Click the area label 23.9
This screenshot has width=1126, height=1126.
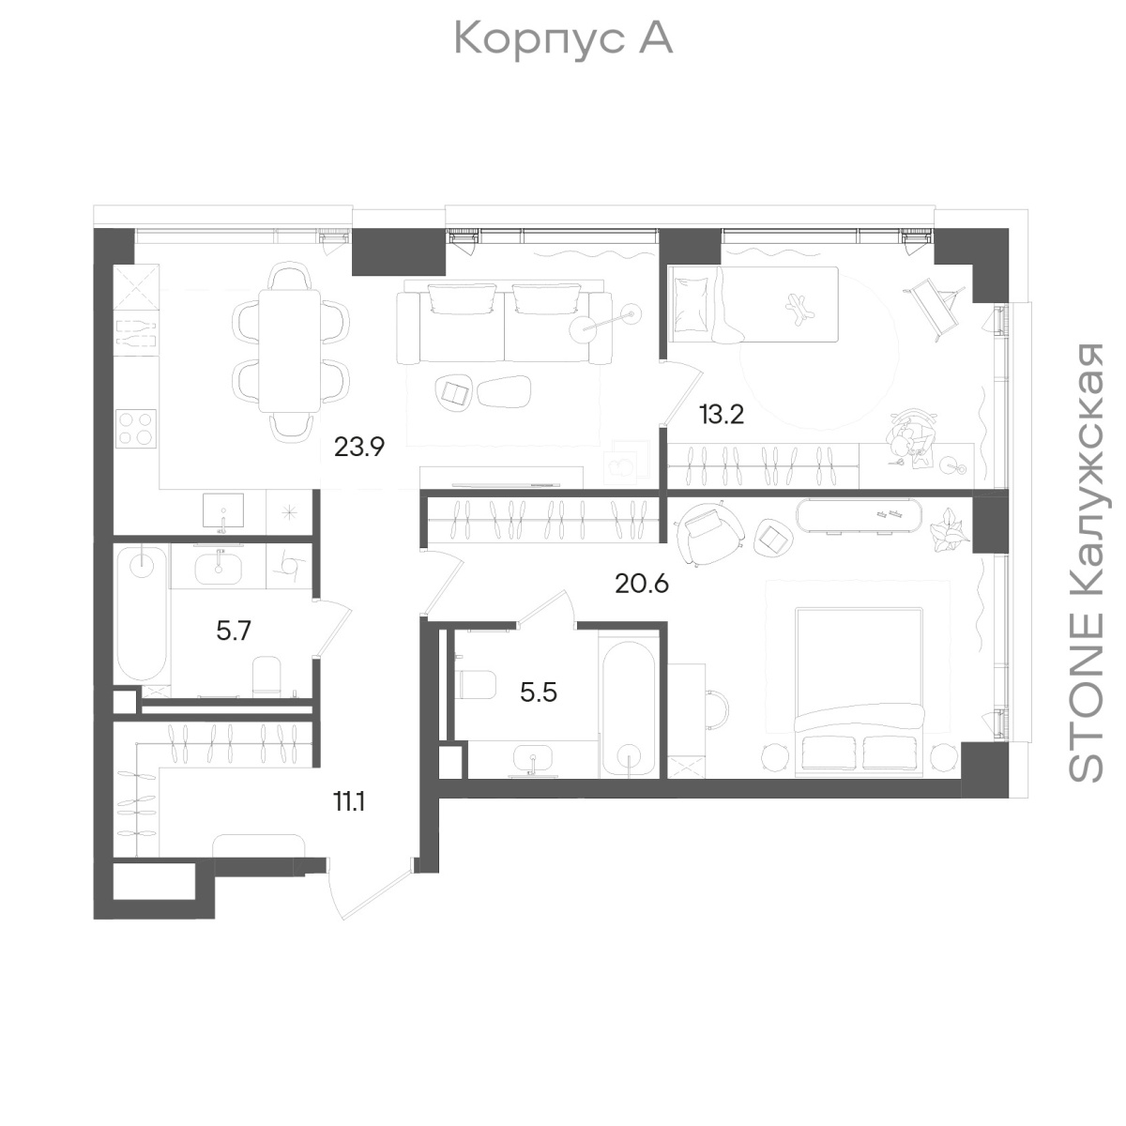(359, 447)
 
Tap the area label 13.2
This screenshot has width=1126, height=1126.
(722, 415)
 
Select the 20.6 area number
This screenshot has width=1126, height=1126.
(642, 583)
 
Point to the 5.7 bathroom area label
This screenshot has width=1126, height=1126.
(234, 631)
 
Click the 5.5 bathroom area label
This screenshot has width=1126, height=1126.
(539, 692)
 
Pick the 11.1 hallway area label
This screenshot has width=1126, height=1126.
(349, 802)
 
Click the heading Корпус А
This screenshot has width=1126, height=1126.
(563, 38)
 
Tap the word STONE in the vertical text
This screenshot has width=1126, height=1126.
(1086, 698)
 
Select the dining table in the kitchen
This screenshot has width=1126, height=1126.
(290, 351)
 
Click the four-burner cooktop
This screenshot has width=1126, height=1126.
(136, 428)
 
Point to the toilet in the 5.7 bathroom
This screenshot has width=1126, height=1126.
(267, 676)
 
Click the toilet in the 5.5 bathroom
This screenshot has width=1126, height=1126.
(477, 684)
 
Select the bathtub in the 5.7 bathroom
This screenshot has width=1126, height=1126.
(141, 613)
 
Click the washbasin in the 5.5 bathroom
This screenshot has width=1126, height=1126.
(532, 760)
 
